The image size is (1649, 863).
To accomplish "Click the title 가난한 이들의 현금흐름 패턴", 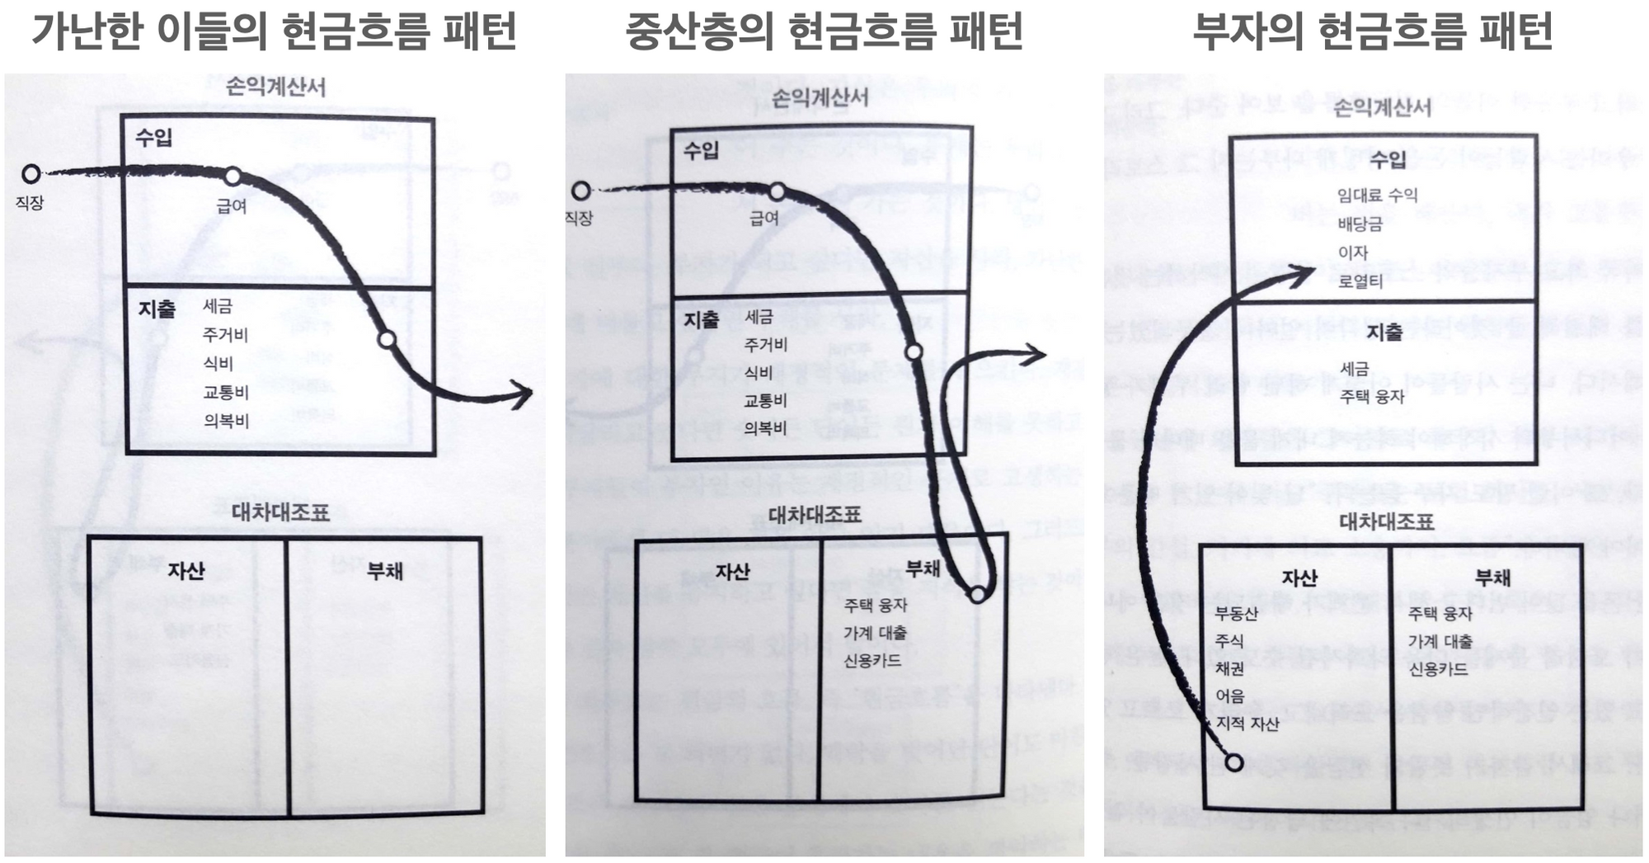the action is (x=274, y=31).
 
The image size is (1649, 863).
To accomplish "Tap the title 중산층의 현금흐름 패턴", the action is (x=824, y=31).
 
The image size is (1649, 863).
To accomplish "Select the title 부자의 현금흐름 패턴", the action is (x=1373, y=31).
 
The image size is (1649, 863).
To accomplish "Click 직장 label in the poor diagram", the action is (x=30, y=203).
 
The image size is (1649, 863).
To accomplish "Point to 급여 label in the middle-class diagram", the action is (x=764, y=219).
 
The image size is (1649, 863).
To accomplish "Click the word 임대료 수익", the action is (x=1377, y=196).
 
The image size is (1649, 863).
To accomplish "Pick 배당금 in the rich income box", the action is (x=1360, y=224).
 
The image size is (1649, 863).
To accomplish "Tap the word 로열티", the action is (x=1360, y=281).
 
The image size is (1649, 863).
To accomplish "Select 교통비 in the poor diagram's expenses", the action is (x=226, y=392).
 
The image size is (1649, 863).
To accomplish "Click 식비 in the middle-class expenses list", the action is (x=758, y=373).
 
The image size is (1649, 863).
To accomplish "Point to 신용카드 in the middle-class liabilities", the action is (x=872, y=661).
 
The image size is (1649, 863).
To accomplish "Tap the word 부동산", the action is (x=1236, y=614).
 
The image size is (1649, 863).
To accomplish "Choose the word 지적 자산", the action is (x=1247, y=724).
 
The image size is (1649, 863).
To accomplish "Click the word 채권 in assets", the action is (x=1229, y=668).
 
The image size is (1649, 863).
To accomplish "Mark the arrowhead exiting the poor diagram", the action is (x=522, y=395).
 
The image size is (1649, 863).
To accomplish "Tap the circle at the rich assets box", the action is (x=1233, y=762).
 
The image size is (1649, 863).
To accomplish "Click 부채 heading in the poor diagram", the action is (x=385, y=571).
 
